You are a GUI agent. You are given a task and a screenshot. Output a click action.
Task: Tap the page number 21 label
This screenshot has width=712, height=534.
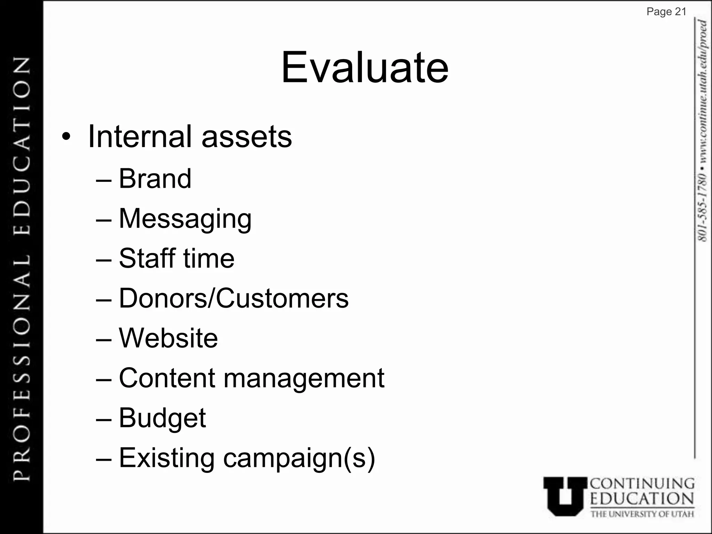click(x=666, y=12)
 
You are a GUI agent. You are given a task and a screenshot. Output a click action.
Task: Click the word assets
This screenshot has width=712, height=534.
click(x=247, y=137)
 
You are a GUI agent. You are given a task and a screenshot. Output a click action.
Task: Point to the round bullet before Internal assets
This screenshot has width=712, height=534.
click(x=66, y=137)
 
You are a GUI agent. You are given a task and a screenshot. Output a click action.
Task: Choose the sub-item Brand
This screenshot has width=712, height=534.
click(x=155, y=179)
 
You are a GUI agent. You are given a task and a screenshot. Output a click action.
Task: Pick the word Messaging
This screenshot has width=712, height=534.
click(x=185, y=219)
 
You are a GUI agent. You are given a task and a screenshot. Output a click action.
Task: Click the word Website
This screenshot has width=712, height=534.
click(x=168, y=338)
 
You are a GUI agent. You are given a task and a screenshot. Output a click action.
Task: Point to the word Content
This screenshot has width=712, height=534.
click(x=167, y=378)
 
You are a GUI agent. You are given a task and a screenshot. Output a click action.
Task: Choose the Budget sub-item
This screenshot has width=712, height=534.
click(x=162, y=418)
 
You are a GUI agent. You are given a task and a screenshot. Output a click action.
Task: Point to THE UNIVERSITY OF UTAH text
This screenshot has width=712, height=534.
click(x=642, y=514)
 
